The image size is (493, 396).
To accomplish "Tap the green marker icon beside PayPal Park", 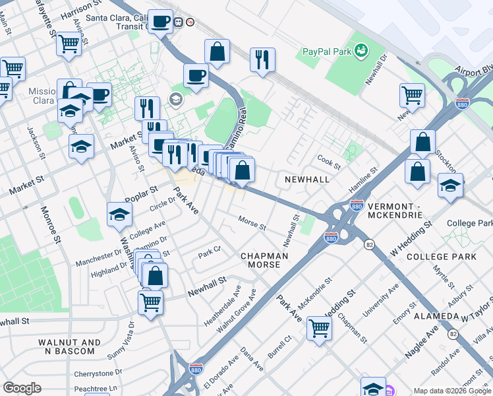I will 361,50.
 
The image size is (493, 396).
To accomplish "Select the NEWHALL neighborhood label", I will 306,180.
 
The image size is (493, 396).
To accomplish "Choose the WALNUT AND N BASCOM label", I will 69,346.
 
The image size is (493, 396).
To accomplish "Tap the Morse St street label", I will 252,224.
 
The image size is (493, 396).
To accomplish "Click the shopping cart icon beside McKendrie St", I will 320,327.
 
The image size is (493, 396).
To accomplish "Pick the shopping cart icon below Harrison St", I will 69,44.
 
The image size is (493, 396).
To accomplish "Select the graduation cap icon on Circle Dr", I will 119,214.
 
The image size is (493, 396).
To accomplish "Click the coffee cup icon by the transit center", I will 160,21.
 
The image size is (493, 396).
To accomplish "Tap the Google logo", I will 22,388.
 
